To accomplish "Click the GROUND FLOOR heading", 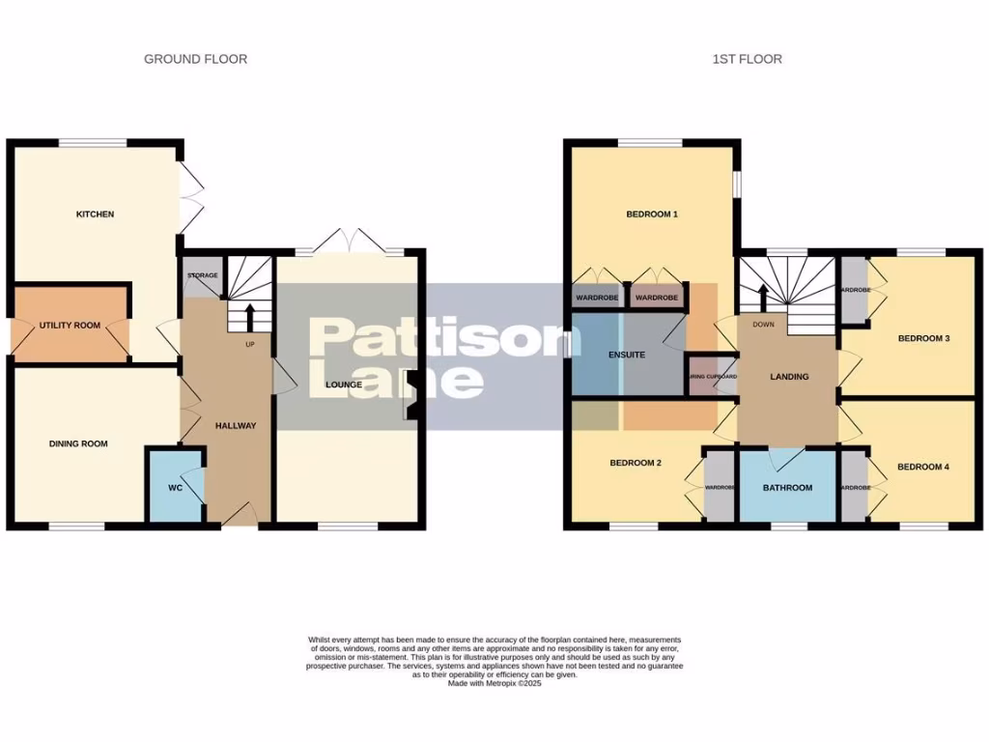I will pyautogui.click(x=195, y=59).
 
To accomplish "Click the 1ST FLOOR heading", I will pyautogui.click(x=747, y=59).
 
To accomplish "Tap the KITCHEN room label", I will pyautogui.click(x=95, y=214).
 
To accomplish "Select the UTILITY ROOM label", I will pyautogui.click(x=70, y=326).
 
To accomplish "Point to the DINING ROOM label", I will pyautogui.click(x=78, y=444).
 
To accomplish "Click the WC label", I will pyautogui.click(x=175, y=488).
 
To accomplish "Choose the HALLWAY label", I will pyautogui.click(x=236, y=425).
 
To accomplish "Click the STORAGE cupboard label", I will pyautogui.click(x=202, y=275).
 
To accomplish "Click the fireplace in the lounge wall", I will pyautogui.click(x=411, y=396).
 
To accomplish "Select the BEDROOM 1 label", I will pyautogui.click(x=652, y=214).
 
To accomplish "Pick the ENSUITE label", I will pyautogui.click(x=627, y=355).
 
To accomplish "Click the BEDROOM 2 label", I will pyautogui.click(x=636, y=463).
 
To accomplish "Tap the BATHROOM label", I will pyautogui.click(x=787, y=488).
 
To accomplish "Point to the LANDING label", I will pyautogui.click(x=789, y=377).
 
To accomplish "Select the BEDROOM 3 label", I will pyautogui.click(x=924, y=338).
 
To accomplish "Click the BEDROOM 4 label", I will pyautogui.click(x=922, y=468).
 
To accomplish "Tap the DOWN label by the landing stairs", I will pyautogui.click(x=763, y=325).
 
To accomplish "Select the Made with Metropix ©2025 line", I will pyautogui.click(x=494, y=684).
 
